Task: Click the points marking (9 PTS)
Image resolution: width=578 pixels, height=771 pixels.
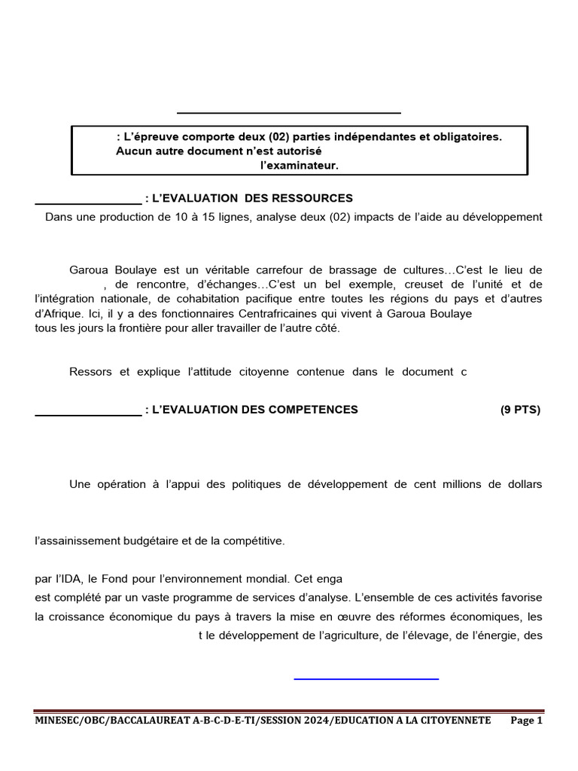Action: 520,410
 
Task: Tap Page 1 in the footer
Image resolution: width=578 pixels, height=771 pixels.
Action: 526,721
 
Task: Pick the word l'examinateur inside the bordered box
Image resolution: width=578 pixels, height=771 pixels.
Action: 300,166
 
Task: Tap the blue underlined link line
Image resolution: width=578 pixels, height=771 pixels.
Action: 366,679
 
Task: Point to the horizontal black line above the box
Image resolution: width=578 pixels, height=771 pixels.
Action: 289,113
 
